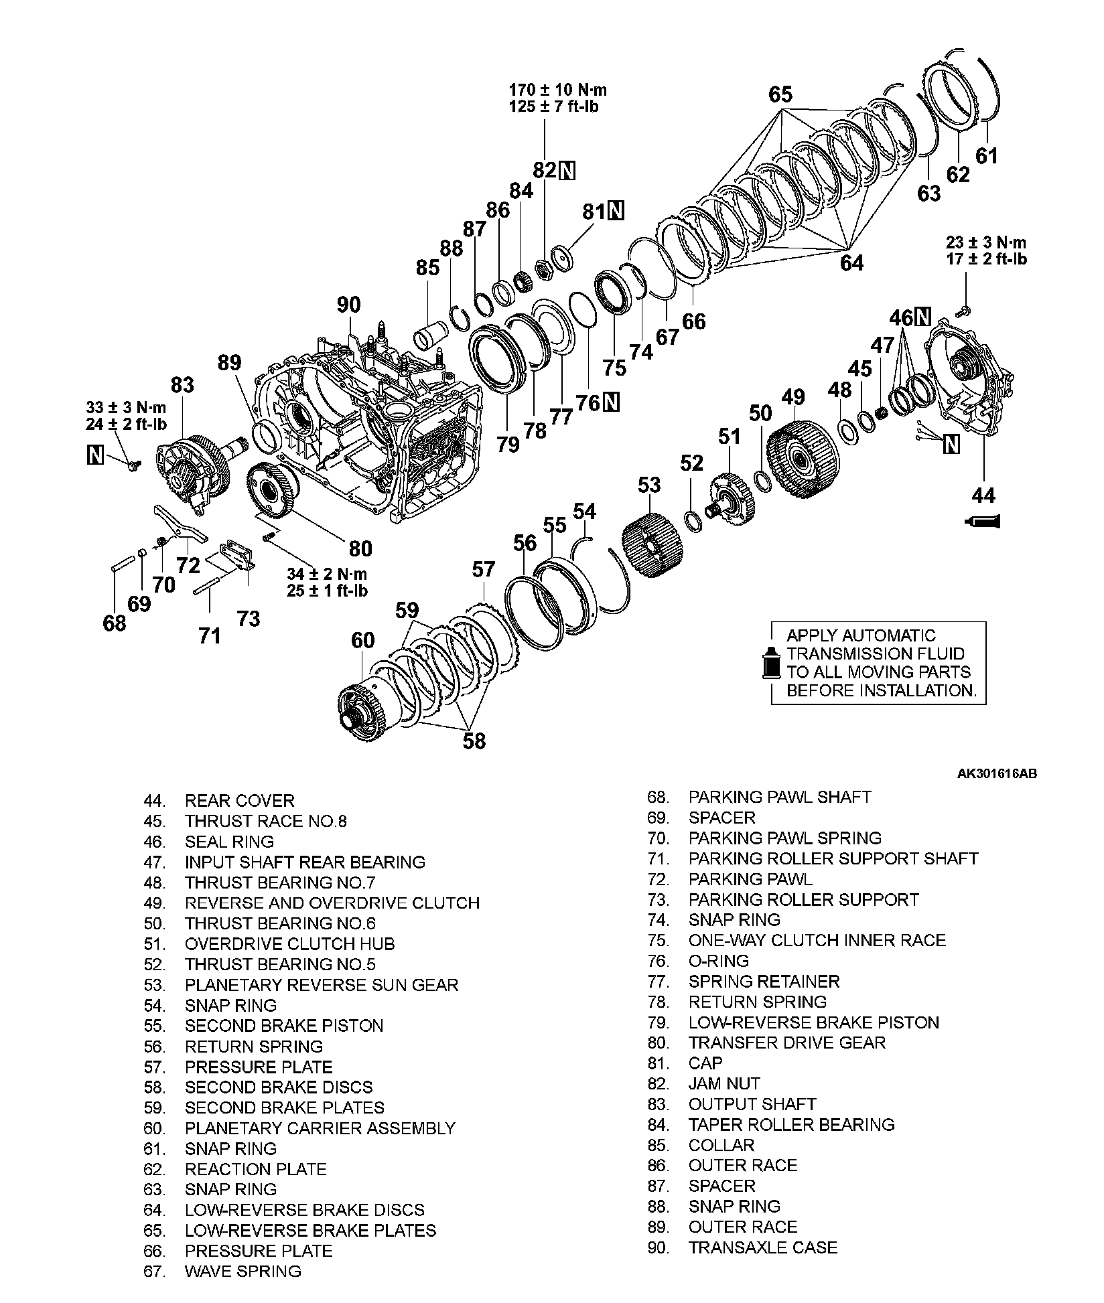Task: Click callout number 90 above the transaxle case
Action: pyautogui.click(x=348, y=305)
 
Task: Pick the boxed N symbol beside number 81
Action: pyautogui.click(x=616, y=211)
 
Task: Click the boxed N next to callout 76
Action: pyautogui.click(x=611, y=402)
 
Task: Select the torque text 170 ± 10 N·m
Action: pyautogui.click(x=558, y=90)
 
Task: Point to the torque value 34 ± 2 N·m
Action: pyautogui.click(x=327, y=574)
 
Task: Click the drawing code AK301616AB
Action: pyautogui.click(x=997, y=774)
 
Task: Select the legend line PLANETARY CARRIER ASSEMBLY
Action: pyautogui.click(x=320, y=1128)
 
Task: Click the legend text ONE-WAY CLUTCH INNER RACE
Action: pyautogui.click(x=817, y=940)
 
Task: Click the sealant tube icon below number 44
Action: pyautogui.click(x=983, y=520)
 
